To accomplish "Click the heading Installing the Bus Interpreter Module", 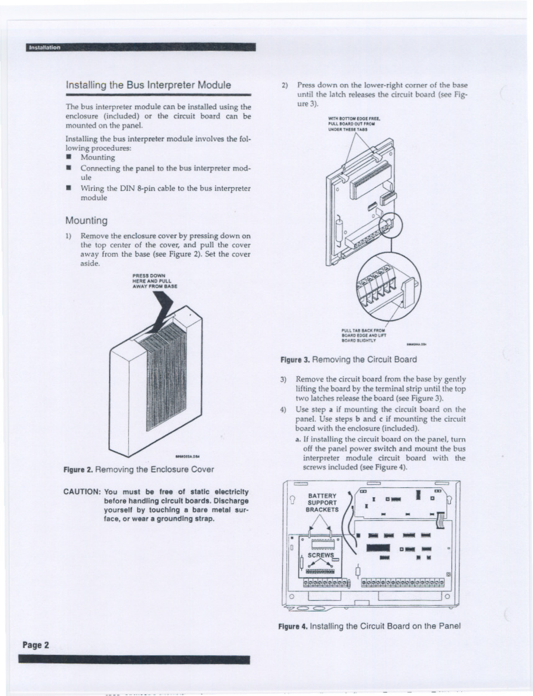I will point(148,85).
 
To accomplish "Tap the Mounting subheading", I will point(86,221).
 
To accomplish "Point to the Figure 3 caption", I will point(348,359).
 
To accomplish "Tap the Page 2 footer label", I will point(36,645).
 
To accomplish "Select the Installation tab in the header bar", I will point(44,47).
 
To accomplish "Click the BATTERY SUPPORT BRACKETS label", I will point(322,503).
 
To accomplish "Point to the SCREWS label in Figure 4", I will point(321,555).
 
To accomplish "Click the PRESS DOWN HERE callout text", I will point(155,281).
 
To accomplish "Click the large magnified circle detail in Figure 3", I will point(389,285).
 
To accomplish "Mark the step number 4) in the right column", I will point(283,409).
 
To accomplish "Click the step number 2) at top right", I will point(285,85).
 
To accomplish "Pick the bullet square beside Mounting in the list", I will point(68,157).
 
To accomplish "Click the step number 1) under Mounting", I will point(68,236).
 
